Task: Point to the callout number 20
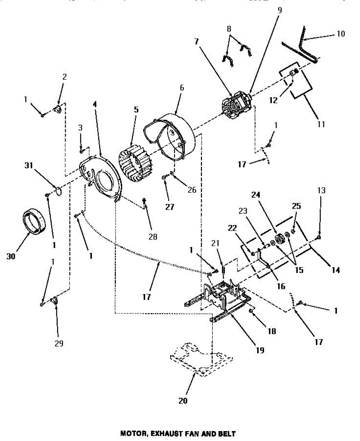click(x=183, y=401)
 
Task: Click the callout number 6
click(x=182, y=88)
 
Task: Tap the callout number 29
click(x=59, y=343)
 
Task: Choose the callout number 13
click(x=321, y=190)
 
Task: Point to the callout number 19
click(x=260, y=350)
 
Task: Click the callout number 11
click(x=321, y=124)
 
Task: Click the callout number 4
click(x=95, y=104)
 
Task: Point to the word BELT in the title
click(x=227, y=434)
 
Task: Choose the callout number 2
click(x=65, y=77)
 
